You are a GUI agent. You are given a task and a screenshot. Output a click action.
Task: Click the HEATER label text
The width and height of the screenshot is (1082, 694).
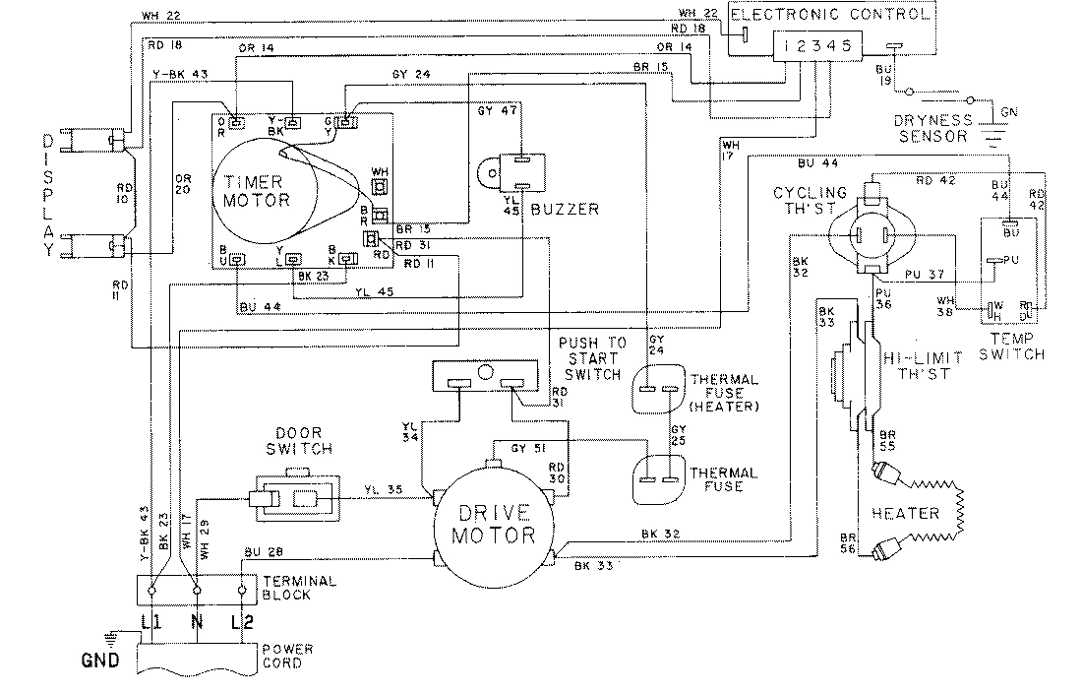coord(904,513)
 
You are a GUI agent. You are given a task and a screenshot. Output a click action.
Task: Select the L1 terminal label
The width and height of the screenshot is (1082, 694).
coord(150,622)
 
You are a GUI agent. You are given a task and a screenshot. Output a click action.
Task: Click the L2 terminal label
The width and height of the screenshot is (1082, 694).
coord(242,622)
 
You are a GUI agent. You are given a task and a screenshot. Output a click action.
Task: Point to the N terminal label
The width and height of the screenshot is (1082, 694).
coord(196,622)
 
